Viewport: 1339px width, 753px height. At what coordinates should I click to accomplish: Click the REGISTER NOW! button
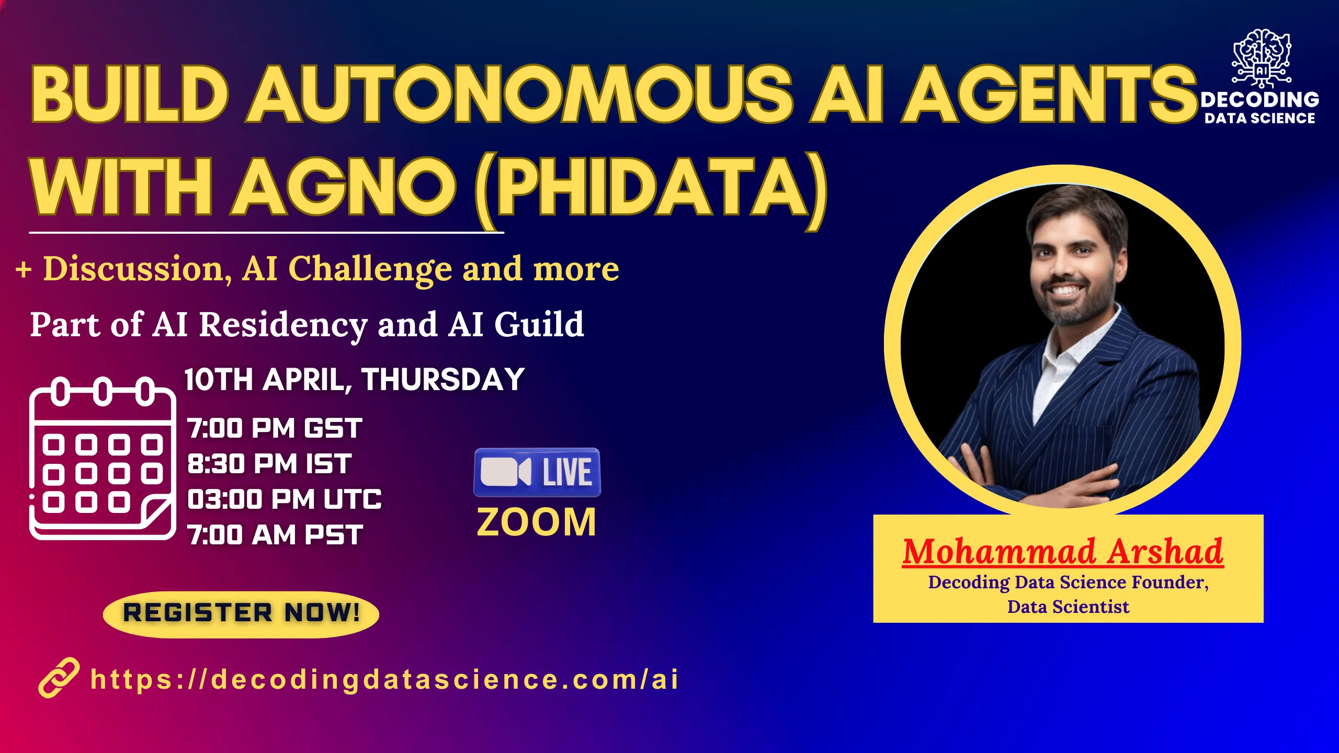click(x=241, y=613)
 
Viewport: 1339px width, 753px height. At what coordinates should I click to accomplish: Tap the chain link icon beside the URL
click(x=59, y=678)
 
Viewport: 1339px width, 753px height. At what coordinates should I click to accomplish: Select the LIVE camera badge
click(x=537, y=472)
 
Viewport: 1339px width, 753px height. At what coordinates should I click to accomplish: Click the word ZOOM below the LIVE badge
click(x=537, y=522)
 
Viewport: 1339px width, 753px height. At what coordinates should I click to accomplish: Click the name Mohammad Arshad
click(x=1063, y=551)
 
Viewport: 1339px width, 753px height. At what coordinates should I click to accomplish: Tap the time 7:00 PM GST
click(x=275, y=428)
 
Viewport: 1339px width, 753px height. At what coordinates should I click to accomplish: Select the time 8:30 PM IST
click(x=269, y=464)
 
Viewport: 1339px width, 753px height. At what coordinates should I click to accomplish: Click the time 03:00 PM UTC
click(x=285, y=499)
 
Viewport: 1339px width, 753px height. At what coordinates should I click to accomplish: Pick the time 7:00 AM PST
click(x=275, y=535)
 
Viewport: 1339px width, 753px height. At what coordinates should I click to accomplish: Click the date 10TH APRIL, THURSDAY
click(x=354, y=379)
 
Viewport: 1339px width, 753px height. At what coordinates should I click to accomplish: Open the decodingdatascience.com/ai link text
click(x=384, y=679)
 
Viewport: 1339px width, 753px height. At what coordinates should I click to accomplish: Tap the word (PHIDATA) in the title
click(x=651, y=188)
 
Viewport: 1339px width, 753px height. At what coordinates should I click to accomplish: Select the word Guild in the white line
click(x=539, y=324)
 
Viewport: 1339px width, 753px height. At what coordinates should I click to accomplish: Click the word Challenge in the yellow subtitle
click(x=370, y=269)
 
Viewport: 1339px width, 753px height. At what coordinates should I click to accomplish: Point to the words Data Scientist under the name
click(x=1068, y=607)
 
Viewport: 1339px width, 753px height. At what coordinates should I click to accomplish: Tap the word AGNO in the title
click(x=344, y=188)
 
